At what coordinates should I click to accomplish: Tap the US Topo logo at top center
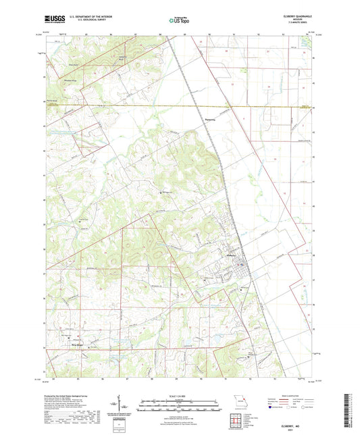(177, 21)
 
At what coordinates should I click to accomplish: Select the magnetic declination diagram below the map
(122, 407)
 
